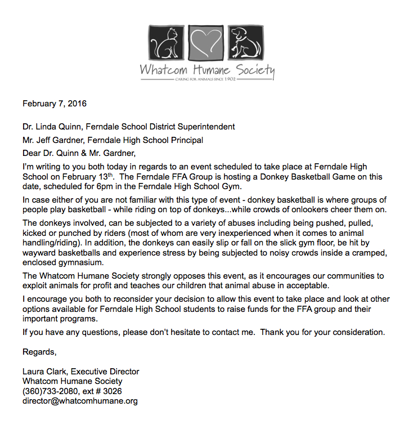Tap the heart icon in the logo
[204, 42]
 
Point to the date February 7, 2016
[55, 104]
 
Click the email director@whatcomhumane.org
[80, 401]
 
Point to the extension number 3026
[112, 391]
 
